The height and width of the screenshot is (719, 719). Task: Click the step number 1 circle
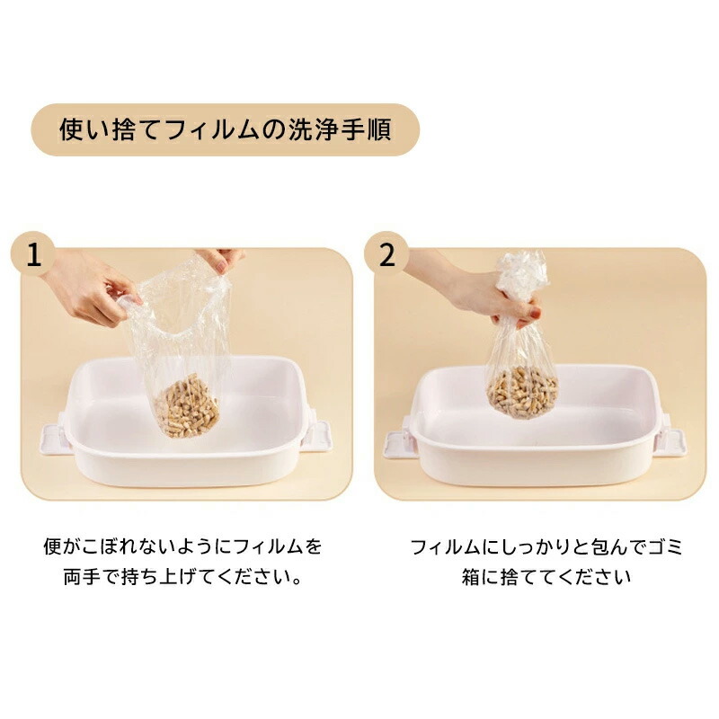[x=33, y=253]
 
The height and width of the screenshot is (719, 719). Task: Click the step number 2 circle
[x=386, y=253]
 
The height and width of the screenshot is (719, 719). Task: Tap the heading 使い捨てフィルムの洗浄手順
[x=226, y=129]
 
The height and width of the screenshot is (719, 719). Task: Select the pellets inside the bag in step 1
[x=186, y=406]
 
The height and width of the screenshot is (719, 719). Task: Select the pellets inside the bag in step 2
[x=522, y=392]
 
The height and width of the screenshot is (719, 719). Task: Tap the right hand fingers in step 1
[x=220, y=260]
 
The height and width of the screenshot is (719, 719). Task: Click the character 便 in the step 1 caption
[x=52, y=546]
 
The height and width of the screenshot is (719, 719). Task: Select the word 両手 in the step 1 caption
[x=82, y=577]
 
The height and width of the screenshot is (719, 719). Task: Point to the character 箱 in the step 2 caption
[x=470, y=577]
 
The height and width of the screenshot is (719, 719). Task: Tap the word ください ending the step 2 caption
[x=594, y=577]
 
